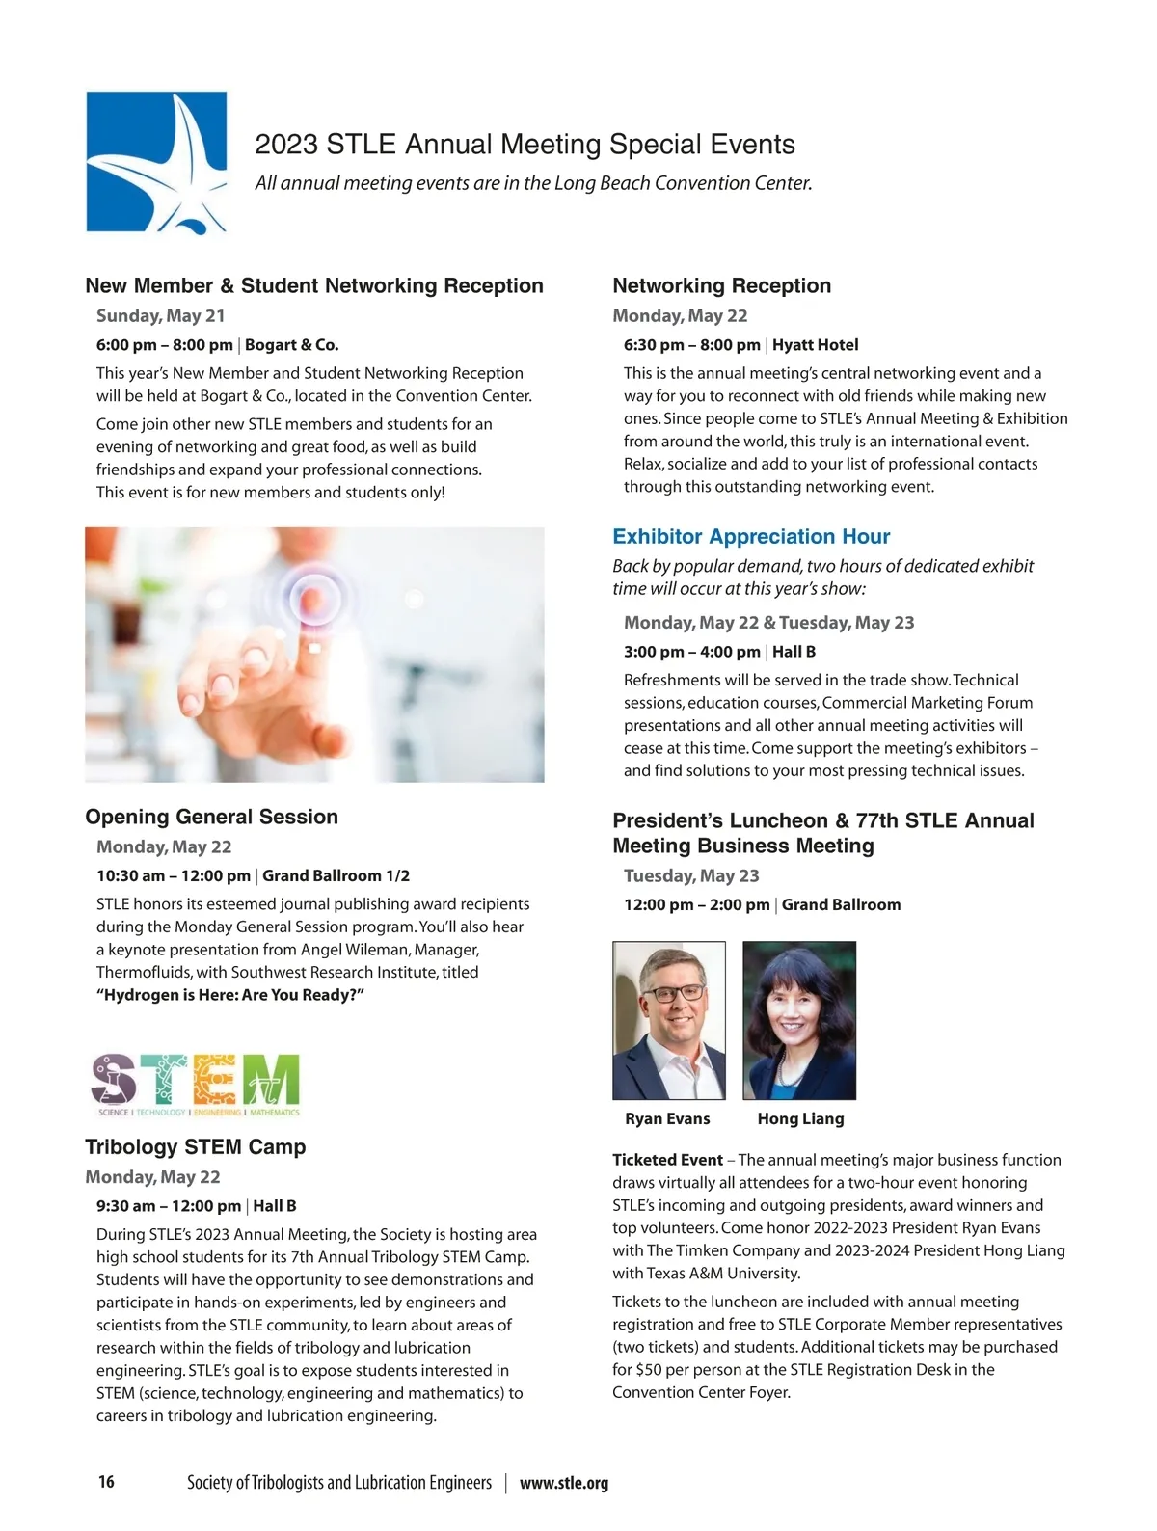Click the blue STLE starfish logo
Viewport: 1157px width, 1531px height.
(x=156, y=162)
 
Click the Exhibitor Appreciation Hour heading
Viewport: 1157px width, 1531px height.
(x=751, y=537)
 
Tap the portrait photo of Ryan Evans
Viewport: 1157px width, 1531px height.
(x=668, y=1020)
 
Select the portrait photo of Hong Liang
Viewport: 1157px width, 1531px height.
(x=799, y=1020)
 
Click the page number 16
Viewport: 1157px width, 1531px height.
(x=106, y=1482)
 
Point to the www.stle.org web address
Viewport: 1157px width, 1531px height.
(x=564, y=1484)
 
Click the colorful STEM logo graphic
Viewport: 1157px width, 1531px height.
(x=195, y=1085)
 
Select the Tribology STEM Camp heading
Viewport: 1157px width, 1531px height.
(x=195, y=1147)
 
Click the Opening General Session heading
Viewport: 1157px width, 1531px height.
(x=211, y=818)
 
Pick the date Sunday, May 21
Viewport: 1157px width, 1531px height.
(x=160, y=316)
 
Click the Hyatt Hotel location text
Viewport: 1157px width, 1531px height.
(x=815, y=345)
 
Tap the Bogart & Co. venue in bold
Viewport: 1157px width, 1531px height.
(x=292, y=345)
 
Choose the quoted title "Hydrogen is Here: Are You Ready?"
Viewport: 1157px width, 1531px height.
(x=229, y=995)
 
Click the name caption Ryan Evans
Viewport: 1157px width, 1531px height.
(x=667, y=1119)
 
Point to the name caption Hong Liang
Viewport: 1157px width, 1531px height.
(x=800, y=1119)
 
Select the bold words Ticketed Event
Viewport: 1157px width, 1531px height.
(x=667, y=1160)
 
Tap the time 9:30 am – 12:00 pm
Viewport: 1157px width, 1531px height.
(x=169, y=1206)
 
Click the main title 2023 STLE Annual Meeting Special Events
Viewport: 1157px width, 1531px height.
(x=525, y=145)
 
